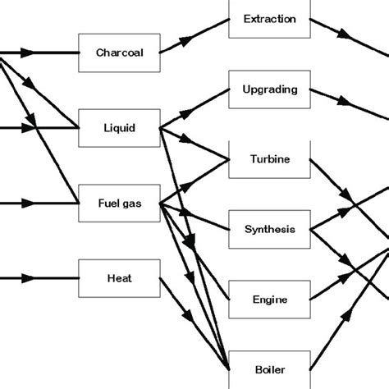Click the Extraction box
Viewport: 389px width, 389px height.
tap(269, 19)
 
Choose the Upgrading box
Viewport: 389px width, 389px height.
tap(269, 89)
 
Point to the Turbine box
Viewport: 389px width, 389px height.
tap(269, 158)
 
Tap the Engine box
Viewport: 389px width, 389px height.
tap(269, 299)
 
